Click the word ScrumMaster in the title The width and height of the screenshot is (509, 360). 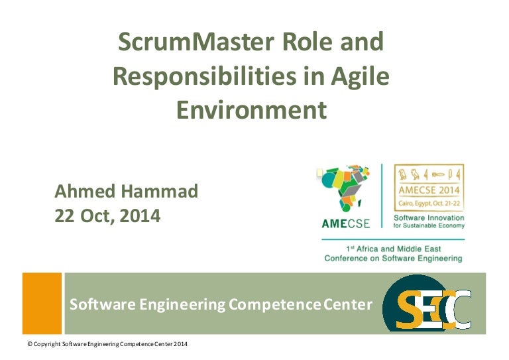point(196,42)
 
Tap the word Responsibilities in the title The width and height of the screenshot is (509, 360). point(205,77)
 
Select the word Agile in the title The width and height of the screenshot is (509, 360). point(360,77)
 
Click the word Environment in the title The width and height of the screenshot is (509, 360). point(252,109)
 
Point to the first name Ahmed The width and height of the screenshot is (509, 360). point(85,191)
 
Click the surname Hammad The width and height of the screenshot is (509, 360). point(160,191)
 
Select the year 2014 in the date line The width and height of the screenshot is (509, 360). point(140,216)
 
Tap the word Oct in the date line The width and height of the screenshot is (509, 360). point(97,216)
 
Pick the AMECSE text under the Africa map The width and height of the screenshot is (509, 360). point(346,223)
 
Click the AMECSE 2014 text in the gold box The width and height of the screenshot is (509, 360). point(429,190)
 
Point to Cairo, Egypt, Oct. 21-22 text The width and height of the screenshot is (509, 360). point(429,204)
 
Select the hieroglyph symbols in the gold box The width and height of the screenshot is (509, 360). point(429,174)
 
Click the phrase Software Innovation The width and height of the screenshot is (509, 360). point(429,218)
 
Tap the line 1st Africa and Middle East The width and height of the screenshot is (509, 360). point(394,249)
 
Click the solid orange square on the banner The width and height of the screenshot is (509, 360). point(42,303)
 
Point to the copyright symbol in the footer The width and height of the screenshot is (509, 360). point(30,344)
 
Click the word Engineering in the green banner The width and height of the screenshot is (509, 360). point(182,305)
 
